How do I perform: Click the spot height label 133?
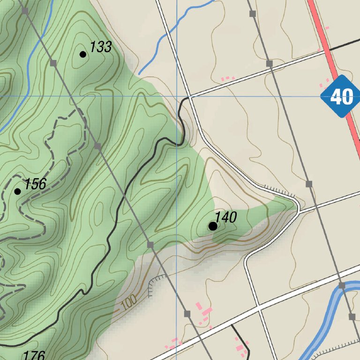pyautogui.click(x=101, y=47)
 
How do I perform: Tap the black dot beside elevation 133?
pyautogui.click(x=83, y=54)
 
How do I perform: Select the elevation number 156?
pyautogui.click(x=35, y=184)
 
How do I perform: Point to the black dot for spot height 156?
pyautogui.click(x=18, y=191)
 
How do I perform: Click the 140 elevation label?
pyautogui.click(x=225, y=217)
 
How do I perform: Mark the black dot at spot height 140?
pyautogui.click(x=213, y=226)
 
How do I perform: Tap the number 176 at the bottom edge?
pyautogui.click(x=33, y=355)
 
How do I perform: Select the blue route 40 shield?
pyautogui.click(x=341, y=97)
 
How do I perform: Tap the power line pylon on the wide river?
pyautogui.click(x=342, y=285)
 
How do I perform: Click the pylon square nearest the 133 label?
pyautogui.click(x=53, y=63)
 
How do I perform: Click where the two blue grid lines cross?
pyautogui.click(x=176, y=96)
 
